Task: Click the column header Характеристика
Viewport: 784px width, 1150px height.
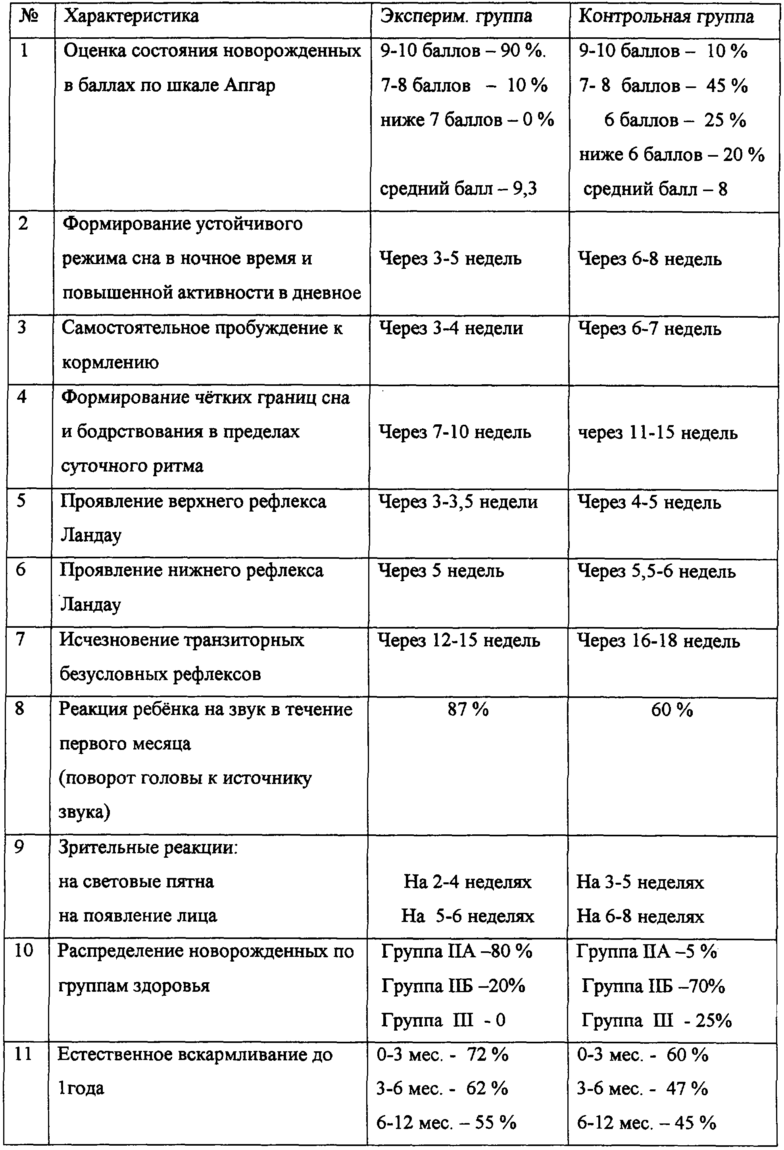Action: click(x=132, y=16)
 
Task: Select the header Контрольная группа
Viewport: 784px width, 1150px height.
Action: click(x=666, y=16)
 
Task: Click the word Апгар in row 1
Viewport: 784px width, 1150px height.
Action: click(x=250, y=86)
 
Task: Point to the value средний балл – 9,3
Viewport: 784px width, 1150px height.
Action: click(x=458, y=188)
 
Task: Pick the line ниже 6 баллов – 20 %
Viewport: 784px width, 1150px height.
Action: click(x=672, y=155)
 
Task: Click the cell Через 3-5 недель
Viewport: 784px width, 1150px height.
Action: click(x=450, y=258)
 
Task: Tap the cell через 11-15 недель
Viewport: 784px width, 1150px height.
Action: click(x=658, y=433)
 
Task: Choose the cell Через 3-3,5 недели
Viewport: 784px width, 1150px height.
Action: click(x=458, y=502)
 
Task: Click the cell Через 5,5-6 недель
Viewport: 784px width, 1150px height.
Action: click(x=656, y=571)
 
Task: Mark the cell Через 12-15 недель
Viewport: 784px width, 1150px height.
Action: click(x=459, y=641)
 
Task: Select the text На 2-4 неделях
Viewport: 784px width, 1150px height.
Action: click(x=467, y=882)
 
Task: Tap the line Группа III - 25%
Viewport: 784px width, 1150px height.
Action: click(x=656, y=1020)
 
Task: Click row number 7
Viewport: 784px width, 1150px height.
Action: click(x=20, y=639)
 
